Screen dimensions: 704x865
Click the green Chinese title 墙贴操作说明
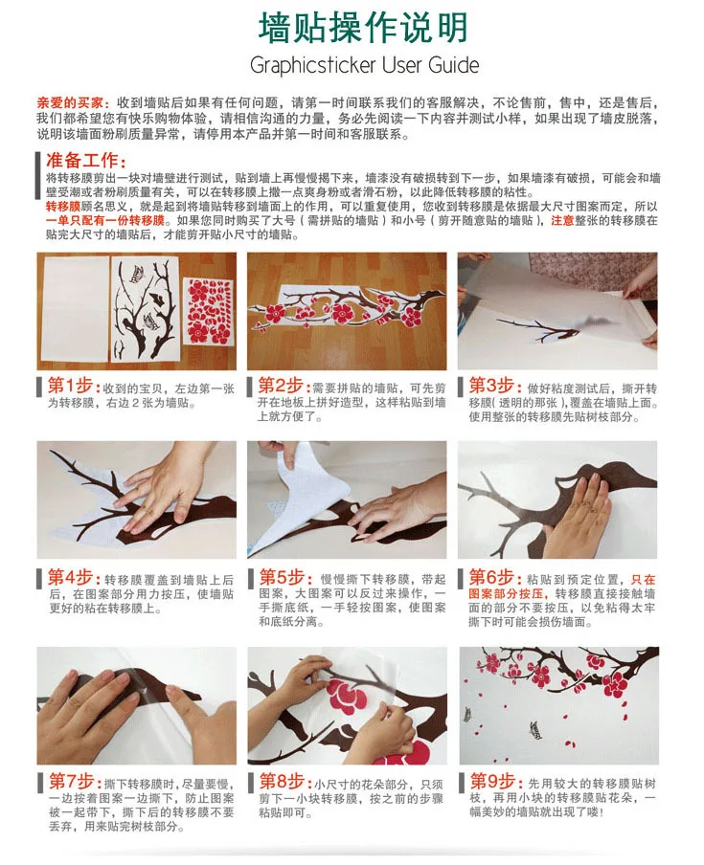(x=363, y=27)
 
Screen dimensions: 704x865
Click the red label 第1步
(x=70, y=385)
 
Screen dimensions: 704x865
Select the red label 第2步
(x=280, y=385)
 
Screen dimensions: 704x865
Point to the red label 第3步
(x=490, y=385)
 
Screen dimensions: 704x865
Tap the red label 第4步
(x=70, y=577)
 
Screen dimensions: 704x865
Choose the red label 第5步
(x=282, y=577)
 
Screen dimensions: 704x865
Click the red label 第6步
(x=490, y=577)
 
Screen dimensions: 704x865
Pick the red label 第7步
(x=71, y=781)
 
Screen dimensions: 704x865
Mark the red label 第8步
(x=282, y=781)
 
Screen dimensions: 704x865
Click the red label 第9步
(x=492, y=781)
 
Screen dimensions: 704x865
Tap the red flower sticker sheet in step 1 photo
(x=207, y=311)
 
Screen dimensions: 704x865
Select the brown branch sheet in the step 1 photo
(x=146, y=309)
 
